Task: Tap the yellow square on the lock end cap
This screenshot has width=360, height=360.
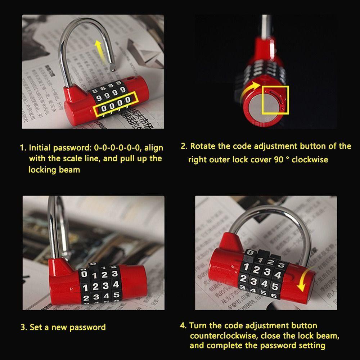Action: (x=275, y=99)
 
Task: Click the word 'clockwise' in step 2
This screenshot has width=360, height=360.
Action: (x=310, y=159)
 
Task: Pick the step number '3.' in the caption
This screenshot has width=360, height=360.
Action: (x=24, y=328)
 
